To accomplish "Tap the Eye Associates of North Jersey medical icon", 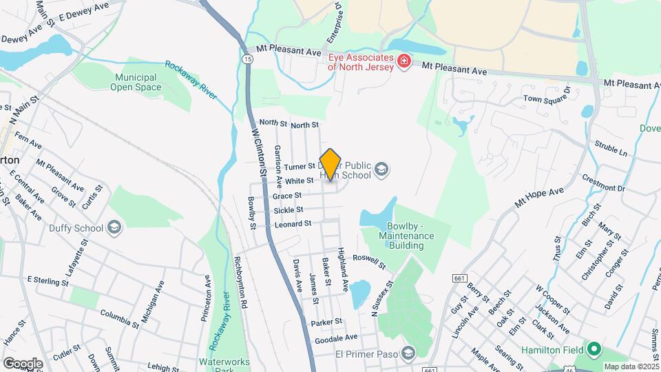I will pyautogui.click(x=403, y=62).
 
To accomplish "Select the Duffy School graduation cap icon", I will pyautogui.click(x=114, y=228).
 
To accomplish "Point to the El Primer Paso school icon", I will pyautogui.click(x=408, y=353).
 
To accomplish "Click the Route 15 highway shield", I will pyautogui.click(x=246, y=60).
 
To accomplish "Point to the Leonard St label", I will pyautogui.click(x=293, y=224).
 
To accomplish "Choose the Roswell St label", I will pyautogui.click(x=370, y=262).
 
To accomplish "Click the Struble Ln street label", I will pyautogui.click(x=611, y=150).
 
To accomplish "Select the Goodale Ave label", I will pyautogui.click(x=336, y=338).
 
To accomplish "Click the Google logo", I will pyautogui.click(x=23, y=363).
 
